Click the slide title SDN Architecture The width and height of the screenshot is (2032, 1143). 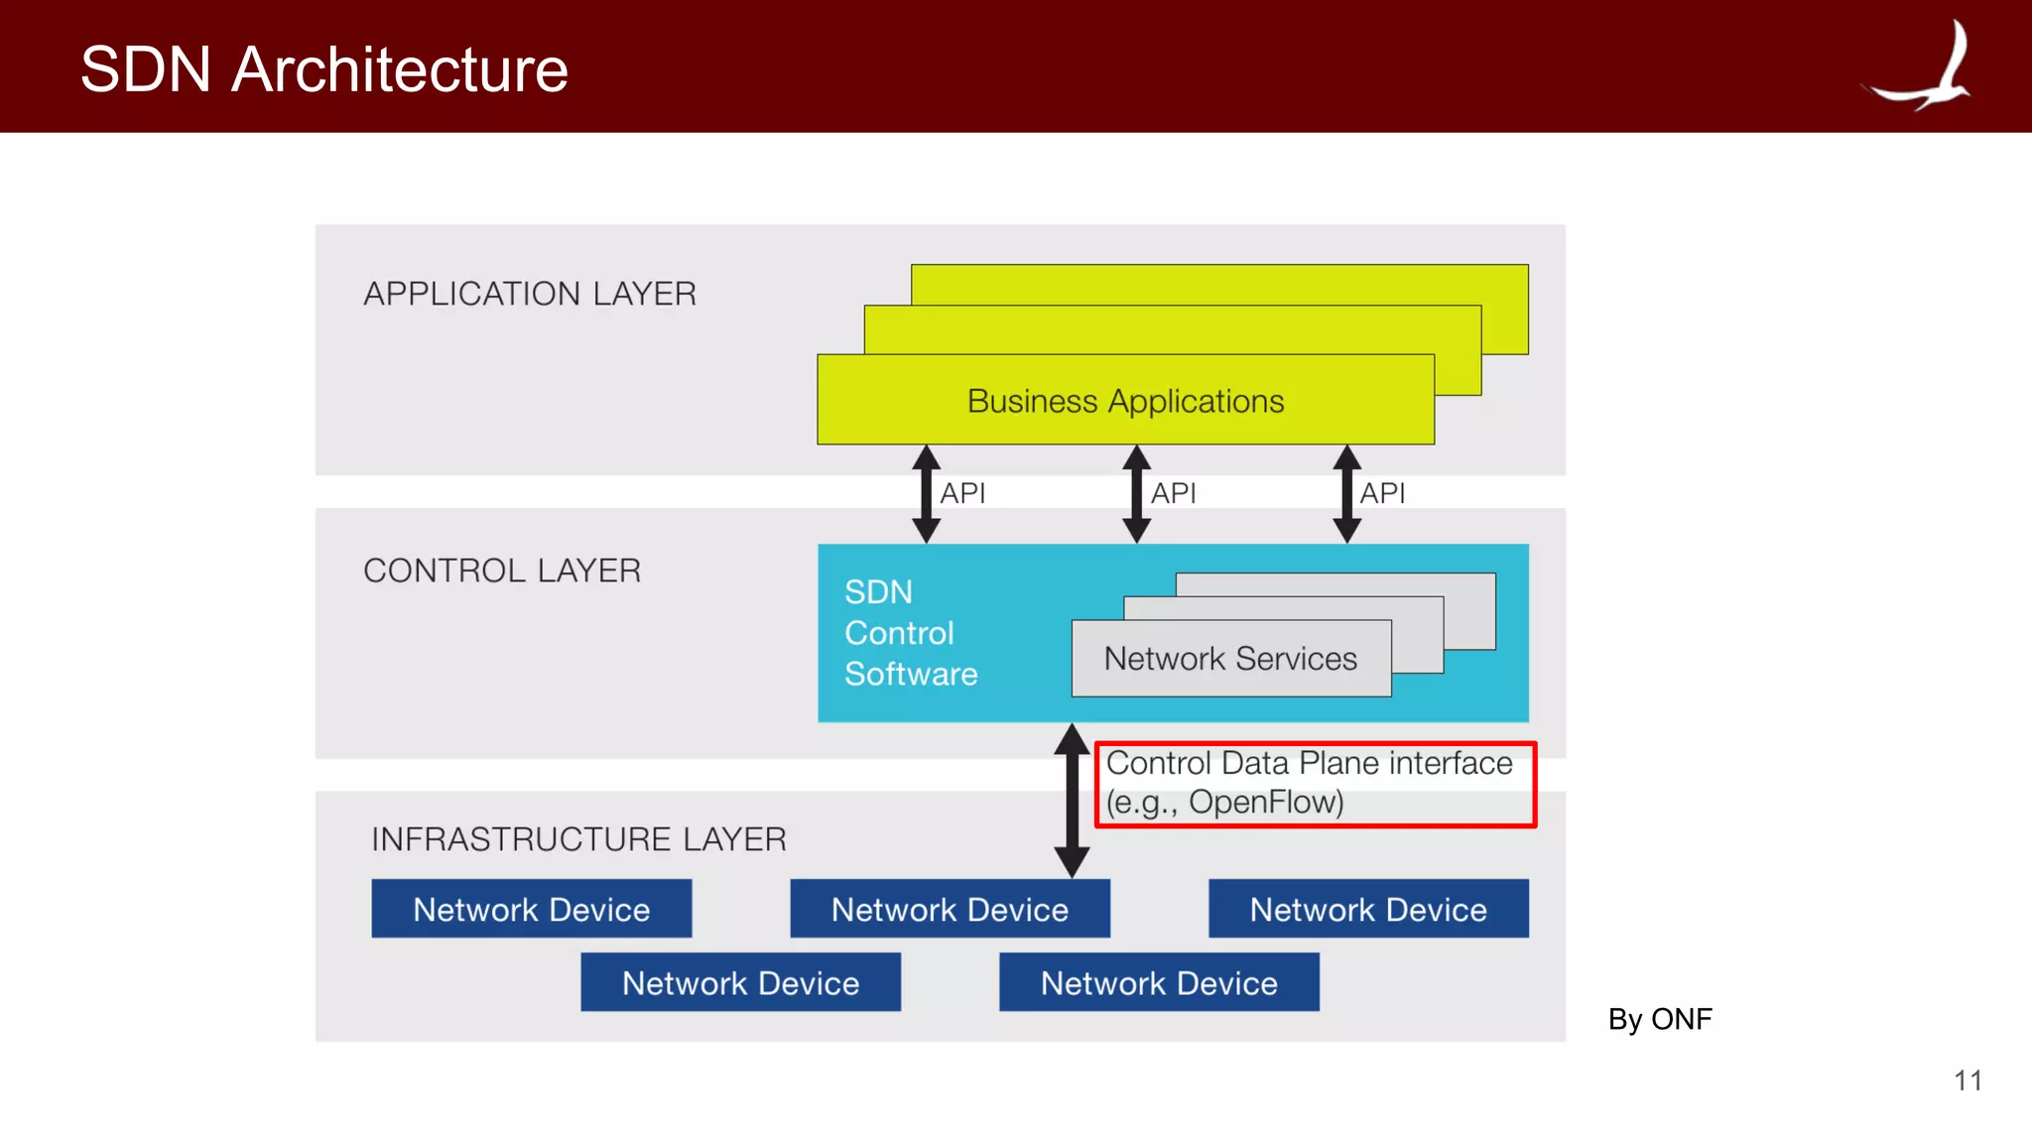pyautogui.click(x=323, y=69)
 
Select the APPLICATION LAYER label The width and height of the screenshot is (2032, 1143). pyautogui.click(x=530, y=294)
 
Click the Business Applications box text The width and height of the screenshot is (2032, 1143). pyautogui.click(x=1125, y=401)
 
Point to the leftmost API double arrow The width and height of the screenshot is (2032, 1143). pyautogui.click(x=926, y=493)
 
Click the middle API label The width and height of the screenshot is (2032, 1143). pyautogui.click(x=1173, y=493)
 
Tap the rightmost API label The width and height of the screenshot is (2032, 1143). pyautogui.click(x=1382, y=493)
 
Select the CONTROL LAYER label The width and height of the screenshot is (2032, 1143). pyautogui.click(x=502, y=571)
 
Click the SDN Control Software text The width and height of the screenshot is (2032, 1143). pyautogui.click(x=910, y=633)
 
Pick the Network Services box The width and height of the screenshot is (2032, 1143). pyautogui.click(x=1230, y=659)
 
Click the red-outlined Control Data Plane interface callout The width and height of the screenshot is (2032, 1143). pyautogui.click(x=1315, y=784)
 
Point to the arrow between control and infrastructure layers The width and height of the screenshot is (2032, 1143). pyautogui.click(x=1072, y=800)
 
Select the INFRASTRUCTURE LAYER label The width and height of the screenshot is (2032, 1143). pyautogui.click(x=578, y=839)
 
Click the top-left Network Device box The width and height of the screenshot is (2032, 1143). pyautogui.click(x=531, y=909)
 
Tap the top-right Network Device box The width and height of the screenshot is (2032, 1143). pyautogui.click(x=1368, y=909)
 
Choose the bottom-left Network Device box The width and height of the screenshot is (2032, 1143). pyautogui.click(x=740, y=982)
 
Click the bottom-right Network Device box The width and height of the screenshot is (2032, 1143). pyautogui.click(x=1159, y=982)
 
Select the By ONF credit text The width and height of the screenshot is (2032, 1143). pyautogui.click(x=1660, y=1019)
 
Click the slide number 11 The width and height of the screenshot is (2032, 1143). pyautogui.click(x=1968, y=1080)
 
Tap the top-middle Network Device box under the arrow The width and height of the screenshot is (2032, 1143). pyautogui.click(x=950, y=909)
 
